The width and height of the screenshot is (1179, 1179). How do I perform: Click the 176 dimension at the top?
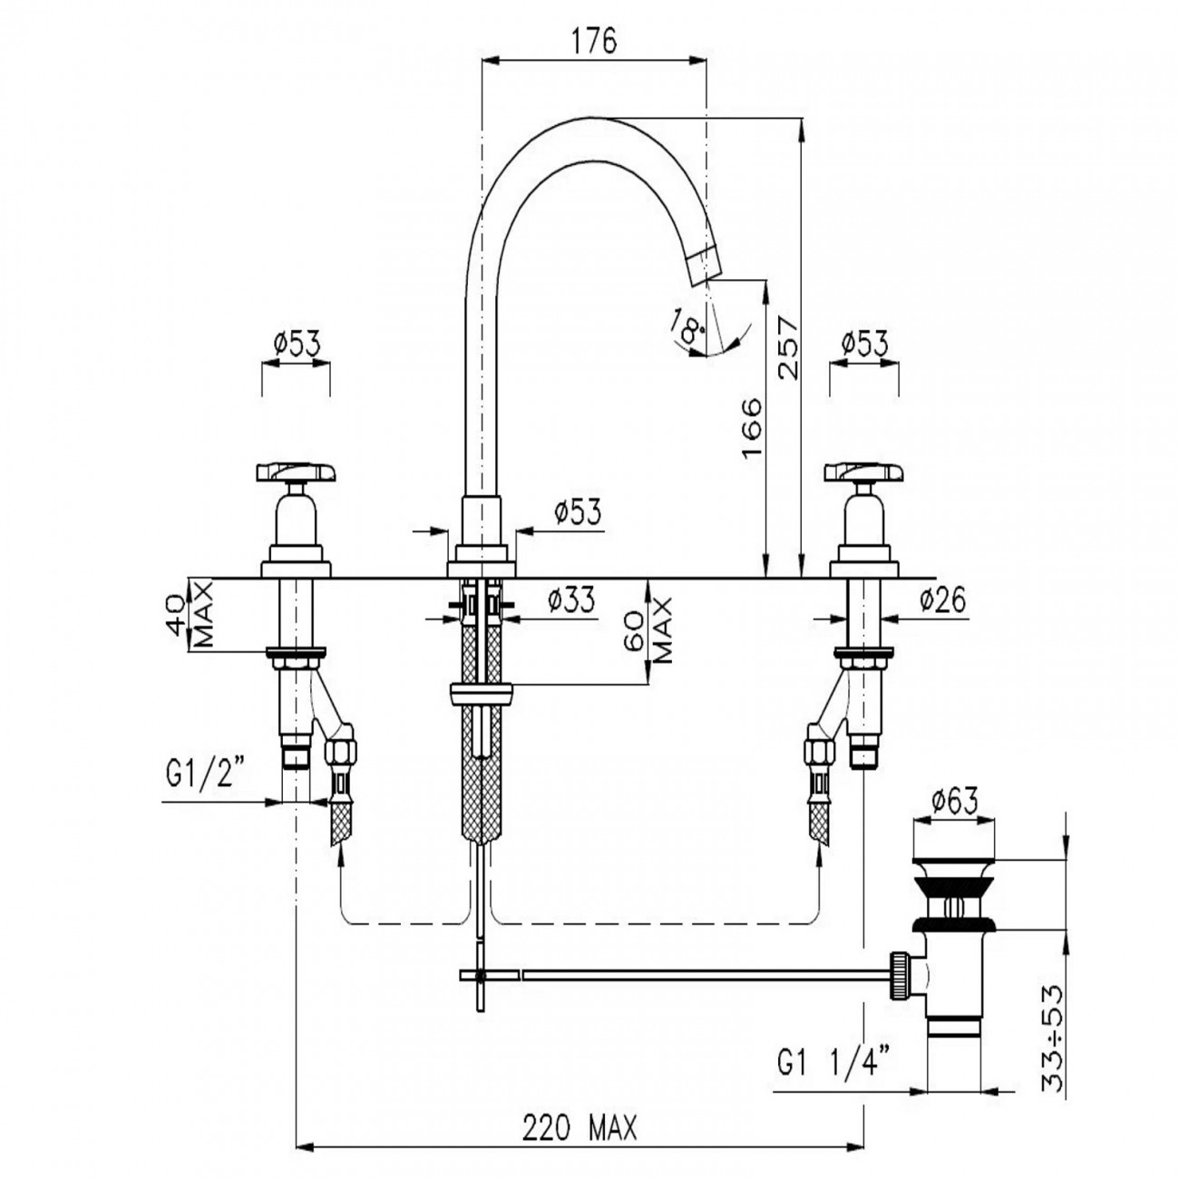(594, 42)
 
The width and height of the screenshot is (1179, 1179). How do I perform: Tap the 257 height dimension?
(786, 347)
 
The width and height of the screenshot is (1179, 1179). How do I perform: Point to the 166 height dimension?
(752, 426)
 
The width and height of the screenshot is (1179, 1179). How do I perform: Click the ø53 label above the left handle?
(296, 344)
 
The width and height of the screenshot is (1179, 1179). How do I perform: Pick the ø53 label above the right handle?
(863, 344)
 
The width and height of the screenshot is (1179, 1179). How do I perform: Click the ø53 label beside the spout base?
(577, 513)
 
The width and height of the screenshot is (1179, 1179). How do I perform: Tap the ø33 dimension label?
(571, 600)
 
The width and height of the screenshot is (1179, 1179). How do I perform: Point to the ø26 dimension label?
(941, 599)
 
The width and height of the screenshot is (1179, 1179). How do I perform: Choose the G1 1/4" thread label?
(834, 1061)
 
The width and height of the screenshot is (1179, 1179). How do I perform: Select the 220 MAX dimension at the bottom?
(580, 1128)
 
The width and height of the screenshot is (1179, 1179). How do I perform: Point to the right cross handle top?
(863, 472)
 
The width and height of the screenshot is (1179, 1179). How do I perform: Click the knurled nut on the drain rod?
(900, 975)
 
